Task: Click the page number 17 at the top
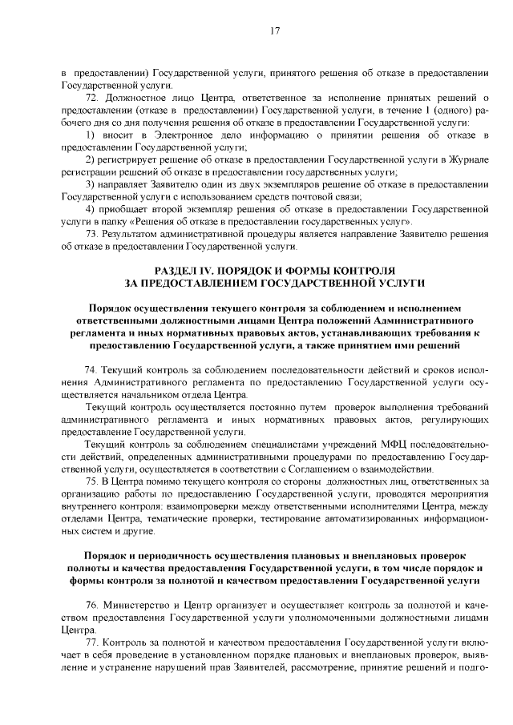pos(274,31)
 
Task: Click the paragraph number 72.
pos(91,98)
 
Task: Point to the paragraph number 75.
pos(91,480)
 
